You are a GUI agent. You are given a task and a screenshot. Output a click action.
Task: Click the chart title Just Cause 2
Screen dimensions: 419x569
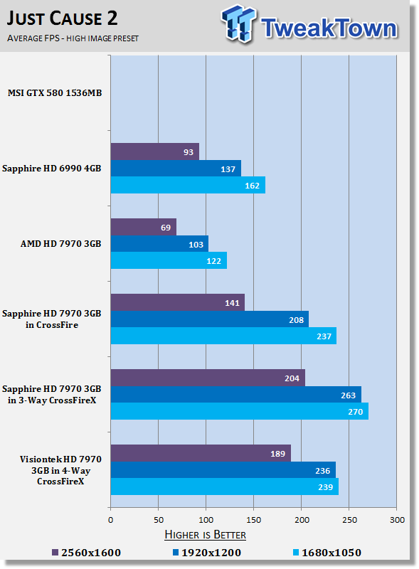click(x=62, y=18)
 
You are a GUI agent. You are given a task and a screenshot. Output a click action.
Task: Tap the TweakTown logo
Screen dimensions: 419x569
click(x=309, y=24)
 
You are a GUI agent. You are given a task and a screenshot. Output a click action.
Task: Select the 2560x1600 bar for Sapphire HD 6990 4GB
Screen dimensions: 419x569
click(x=155, y=151)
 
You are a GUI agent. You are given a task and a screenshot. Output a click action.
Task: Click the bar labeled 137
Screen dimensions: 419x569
click(x=176, y=169)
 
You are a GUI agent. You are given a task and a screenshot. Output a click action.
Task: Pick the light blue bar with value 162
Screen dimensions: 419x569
click(x=188, y=185)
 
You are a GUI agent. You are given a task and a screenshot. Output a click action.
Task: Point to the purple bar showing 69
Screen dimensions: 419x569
click(x=144, y=227)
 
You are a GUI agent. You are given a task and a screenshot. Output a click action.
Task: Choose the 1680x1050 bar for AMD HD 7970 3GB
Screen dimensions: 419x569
click(x=169, y=260)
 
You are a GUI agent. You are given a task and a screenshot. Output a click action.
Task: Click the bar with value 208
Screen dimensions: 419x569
click(x=210, y=319)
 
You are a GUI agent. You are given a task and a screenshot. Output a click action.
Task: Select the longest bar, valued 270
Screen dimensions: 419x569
click(x=240, y=411)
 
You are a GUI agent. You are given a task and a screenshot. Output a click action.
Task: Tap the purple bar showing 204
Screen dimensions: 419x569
click(x=208, y=378)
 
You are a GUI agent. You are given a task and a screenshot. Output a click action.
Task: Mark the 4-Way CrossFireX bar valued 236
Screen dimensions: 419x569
click(x=223, y=470)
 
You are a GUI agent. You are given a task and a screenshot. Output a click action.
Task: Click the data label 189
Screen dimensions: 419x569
click(x=277, y=454)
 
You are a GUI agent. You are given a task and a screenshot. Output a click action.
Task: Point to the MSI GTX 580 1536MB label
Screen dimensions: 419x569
click(x=55, y=93)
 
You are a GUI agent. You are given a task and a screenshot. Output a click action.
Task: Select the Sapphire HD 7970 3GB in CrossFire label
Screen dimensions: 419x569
click(x=51, y=319)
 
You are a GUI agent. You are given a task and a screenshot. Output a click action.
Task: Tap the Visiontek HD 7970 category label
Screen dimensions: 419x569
click(x=60, y=470)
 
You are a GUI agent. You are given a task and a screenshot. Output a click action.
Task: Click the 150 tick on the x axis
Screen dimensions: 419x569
click(x=253, y=520)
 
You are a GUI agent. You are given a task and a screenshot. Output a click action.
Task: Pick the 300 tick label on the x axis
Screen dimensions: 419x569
click(x=397, y=520)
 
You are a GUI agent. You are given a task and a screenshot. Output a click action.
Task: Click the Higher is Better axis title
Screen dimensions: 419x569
click(x=205, y=535)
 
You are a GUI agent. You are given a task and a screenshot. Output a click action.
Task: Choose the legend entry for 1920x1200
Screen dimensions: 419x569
click(x=207, y=553)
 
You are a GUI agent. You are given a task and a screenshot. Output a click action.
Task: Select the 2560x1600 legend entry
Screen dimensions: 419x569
click(x=86, y=553)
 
